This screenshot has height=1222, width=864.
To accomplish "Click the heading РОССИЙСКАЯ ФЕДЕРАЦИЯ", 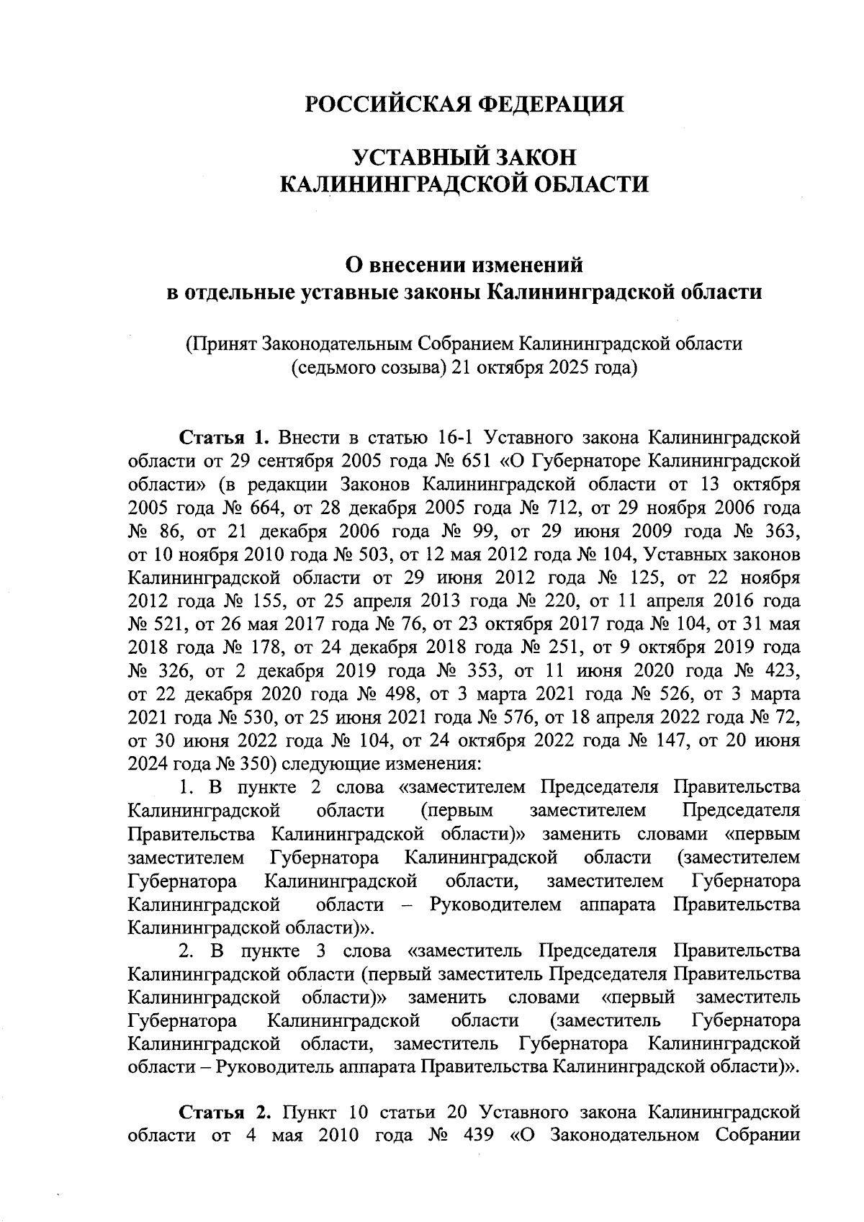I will (x=464, y=104).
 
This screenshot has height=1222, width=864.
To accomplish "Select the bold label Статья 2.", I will (x=223, y=1112).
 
